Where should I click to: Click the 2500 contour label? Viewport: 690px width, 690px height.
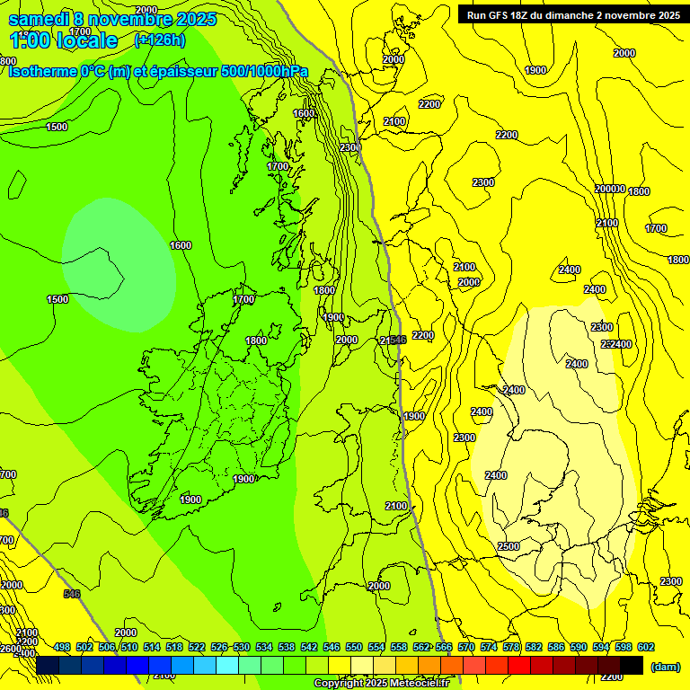coord(509,546)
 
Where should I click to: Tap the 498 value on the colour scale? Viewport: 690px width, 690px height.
coord(62,647)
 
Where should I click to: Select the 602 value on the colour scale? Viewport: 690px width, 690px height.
coord(646,647)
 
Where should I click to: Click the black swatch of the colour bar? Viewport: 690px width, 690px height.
coord(632,665)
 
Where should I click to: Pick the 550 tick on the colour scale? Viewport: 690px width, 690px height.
coord(354,647)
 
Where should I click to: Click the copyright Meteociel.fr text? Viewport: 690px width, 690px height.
coord(381,684)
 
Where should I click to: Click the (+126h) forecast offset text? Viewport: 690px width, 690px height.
coord(161,40)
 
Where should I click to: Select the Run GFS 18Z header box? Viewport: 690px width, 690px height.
coord(572,14)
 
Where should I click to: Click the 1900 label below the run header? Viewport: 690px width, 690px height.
coord(535,70)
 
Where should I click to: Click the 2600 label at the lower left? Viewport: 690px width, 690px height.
coord(9,649)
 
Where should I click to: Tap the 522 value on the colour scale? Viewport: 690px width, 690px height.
coord(197,647)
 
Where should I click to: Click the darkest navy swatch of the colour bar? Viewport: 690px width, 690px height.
coord(48,665)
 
